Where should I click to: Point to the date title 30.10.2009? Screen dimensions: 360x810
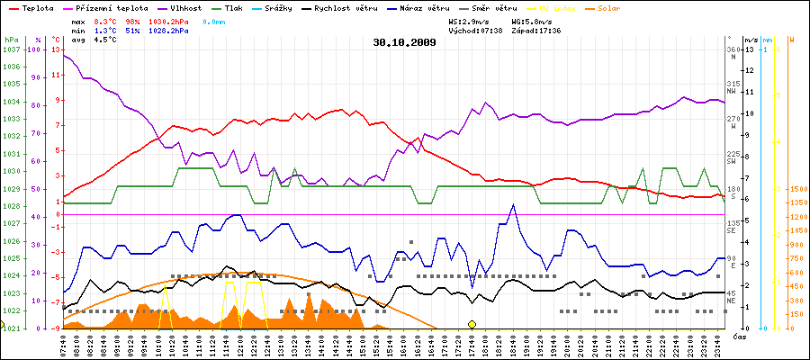click(404, 41)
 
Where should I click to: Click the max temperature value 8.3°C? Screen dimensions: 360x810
click(107, 21)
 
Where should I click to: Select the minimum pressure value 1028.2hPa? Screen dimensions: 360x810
click(169, 30)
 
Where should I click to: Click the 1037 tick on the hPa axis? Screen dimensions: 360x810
click(11, 49)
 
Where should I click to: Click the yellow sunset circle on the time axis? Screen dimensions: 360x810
click(472, 324)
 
